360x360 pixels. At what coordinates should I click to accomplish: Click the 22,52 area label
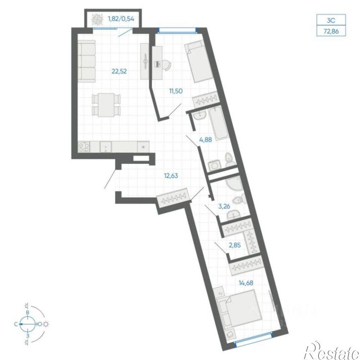[119, 71]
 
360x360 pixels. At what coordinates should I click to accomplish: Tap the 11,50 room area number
[176, 91]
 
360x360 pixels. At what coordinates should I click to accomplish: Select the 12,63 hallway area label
[171, 176]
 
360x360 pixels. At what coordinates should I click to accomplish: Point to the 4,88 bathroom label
[206, 140]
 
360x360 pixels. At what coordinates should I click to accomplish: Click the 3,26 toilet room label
[224, 206]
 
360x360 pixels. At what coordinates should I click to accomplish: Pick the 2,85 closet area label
[235, 245]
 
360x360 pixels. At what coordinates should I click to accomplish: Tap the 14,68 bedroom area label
[246, 283]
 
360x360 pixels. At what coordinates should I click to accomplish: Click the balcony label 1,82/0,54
[121, 19]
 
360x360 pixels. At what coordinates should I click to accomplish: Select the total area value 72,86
[331, 31]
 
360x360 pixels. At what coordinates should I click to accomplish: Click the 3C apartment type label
[331, 20]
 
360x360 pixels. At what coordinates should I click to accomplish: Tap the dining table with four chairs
[106, 105]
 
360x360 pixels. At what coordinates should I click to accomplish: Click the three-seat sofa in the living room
[86, 61]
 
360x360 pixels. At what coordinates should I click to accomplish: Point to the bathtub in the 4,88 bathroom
[218, 124]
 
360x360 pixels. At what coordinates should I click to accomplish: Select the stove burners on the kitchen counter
[83, 146]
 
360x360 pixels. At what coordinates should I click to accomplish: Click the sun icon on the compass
[46, 324]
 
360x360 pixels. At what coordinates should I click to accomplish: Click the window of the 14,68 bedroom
[254, 338]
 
